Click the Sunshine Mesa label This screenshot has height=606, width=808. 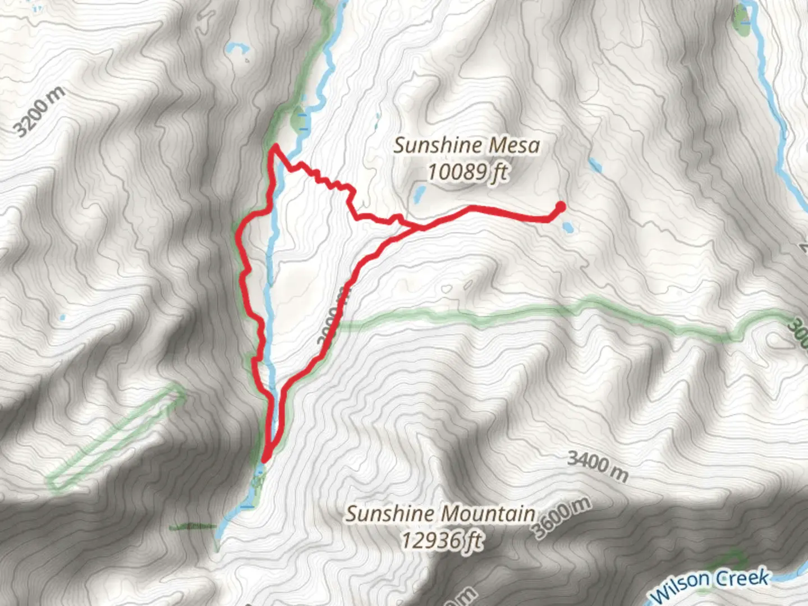click(466, 146)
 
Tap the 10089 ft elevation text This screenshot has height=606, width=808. click(467, 172)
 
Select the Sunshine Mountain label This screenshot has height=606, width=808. click(440, 513)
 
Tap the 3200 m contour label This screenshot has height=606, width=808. click(39, 112)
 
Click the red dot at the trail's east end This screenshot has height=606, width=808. click(559, 207)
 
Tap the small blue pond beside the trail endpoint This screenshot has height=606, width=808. click(568, 227)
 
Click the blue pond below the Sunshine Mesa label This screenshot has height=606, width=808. click(419, 194)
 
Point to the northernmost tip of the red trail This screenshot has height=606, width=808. click(275, 147)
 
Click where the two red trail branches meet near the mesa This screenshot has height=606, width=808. click(418, 227)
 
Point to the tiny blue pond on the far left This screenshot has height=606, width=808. click(62, 318)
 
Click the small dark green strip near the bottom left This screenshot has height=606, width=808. click(192, 526)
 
